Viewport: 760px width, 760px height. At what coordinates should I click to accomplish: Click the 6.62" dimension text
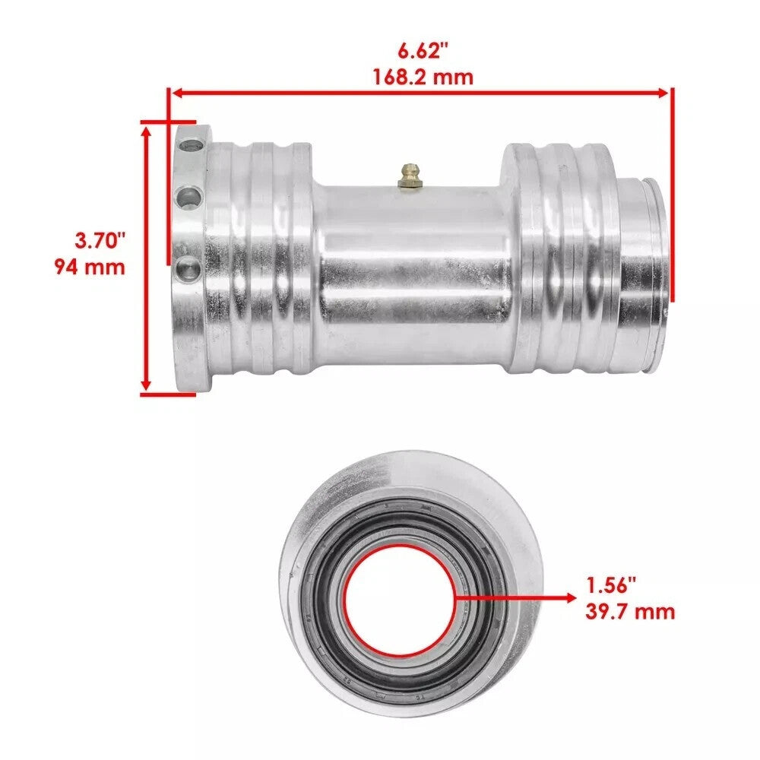tap(422, 52)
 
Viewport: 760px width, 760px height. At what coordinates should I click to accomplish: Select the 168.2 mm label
tap(422, 77)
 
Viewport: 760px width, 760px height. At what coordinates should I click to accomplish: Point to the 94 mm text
tap(90, 267)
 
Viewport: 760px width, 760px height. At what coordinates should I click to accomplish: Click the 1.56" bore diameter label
tap(611, 585)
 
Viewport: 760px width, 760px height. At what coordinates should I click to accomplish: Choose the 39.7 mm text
tap(630, 611)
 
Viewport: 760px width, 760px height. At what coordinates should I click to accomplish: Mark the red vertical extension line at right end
tap(671, 190)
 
